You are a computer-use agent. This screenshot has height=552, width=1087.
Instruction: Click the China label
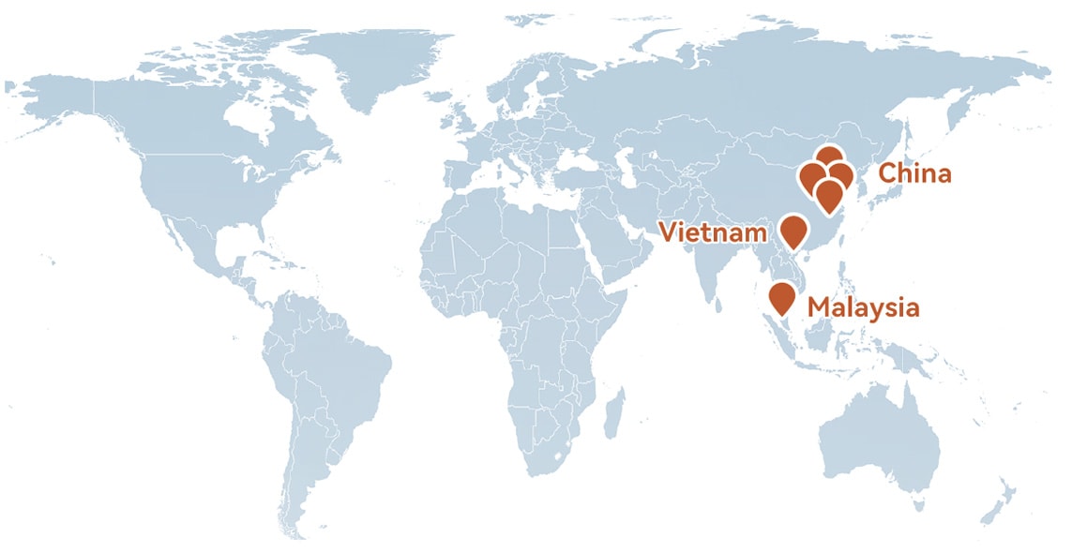pos(913,173)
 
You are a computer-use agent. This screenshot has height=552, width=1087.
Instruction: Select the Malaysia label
pos(863,307)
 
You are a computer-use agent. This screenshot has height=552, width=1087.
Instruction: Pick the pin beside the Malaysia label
pos(781,297)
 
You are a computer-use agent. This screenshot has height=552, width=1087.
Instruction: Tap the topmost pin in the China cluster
pos(828,158)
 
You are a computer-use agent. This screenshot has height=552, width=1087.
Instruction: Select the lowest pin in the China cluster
pos(828,195)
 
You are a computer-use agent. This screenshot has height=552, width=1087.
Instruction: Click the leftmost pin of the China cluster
pos(809,175)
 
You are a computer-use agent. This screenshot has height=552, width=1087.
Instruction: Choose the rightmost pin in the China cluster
pos(841,174)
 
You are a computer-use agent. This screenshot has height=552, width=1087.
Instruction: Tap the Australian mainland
pos(877,440)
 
